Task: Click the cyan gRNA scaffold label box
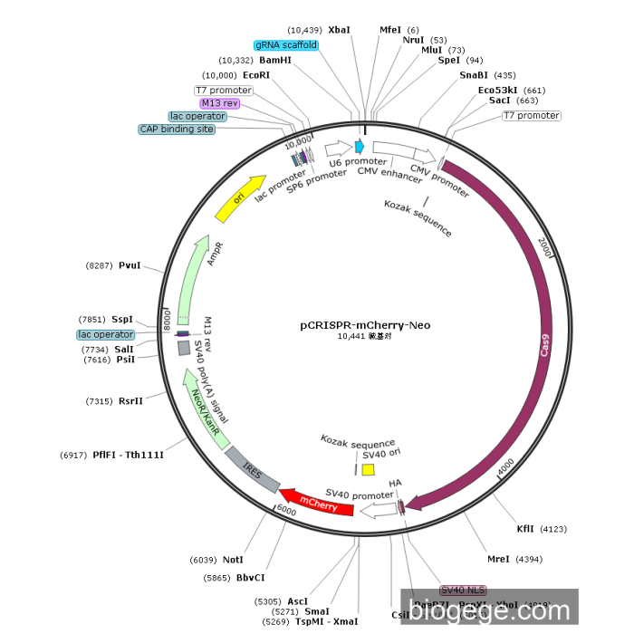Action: click(286, 44)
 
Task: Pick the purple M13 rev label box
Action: click(219, 103)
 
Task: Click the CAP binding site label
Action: click(178, 130)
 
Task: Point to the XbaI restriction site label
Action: click(340, 30)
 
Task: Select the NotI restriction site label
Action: click(234, 560)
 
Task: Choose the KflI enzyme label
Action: click(525, 528)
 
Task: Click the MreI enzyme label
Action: click(498, 560)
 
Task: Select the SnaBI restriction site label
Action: click(475, 75)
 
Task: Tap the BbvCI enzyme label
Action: click(250, 577)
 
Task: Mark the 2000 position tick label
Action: click(544, 245)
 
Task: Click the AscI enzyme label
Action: click(297, 600)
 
